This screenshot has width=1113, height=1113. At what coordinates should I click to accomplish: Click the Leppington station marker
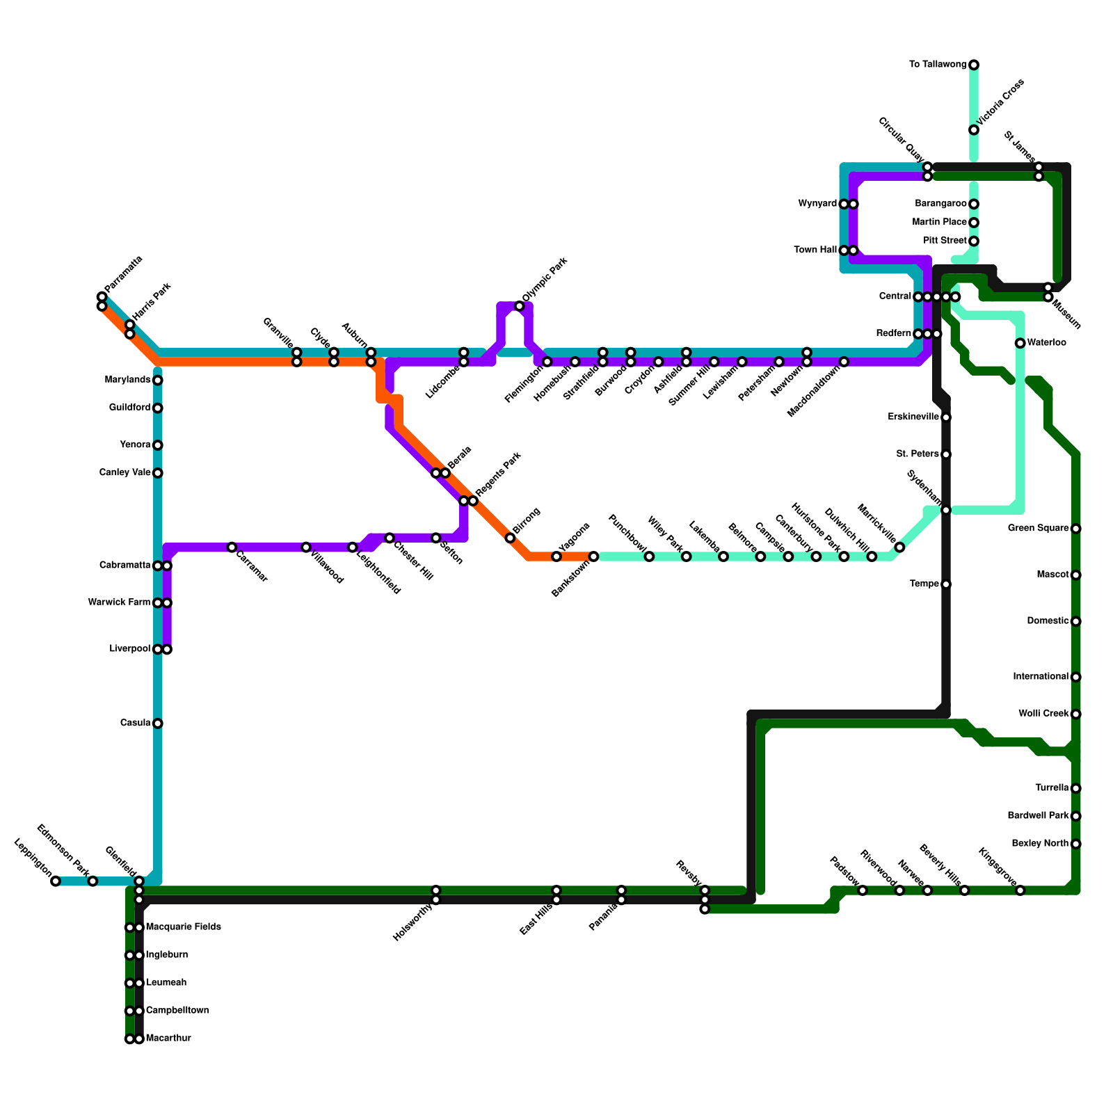point(56,881)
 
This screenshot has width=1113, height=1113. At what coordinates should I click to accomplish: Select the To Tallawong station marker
point(974,65)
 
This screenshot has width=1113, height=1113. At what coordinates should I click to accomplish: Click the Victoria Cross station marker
point(974,130)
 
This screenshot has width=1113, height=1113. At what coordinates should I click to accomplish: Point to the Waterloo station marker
point(1020,343)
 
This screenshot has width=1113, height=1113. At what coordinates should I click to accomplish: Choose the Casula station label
point(135,723)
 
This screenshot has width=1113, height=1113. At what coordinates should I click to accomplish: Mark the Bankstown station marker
point(593,556)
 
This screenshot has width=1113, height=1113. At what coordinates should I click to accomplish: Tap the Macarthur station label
point(168,1039)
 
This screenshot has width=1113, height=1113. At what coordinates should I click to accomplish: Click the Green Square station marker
point(1076,529)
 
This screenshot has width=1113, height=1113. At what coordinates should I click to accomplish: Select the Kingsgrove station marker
point(1020,890)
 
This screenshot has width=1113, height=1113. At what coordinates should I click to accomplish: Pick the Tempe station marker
point(946,584)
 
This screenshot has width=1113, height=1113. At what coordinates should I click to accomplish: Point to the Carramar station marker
point(232,547)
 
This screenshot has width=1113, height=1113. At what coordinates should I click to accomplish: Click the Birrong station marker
point(510,538)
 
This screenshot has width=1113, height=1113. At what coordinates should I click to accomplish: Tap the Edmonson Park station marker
point(93,881)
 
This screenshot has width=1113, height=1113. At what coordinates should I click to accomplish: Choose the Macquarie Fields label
point(184,927)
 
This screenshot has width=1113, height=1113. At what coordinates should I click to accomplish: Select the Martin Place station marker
point(974,223)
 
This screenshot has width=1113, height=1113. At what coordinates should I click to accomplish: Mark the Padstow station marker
point(863,890)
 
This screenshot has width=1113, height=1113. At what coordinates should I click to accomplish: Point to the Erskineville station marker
point(946,417)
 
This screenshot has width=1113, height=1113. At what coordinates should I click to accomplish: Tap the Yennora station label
point(135,445)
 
